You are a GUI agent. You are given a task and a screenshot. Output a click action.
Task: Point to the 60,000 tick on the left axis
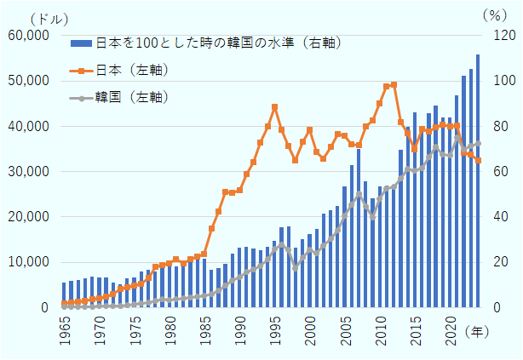coord(28,35)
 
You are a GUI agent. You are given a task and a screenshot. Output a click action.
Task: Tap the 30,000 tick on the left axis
coord(28,171)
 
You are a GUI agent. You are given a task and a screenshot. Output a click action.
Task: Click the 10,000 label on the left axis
coord(28,262)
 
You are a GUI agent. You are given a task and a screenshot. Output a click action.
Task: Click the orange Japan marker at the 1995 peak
coord(274,107)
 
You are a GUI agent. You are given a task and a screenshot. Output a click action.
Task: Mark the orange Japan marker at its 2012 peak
coord(394,84)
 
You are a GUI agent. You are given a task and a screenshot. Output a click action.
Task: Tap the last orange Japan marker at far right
coord(479,160)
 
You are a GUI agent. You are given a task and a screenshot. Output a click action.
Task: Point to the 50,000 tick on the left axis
coord(28,81)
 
